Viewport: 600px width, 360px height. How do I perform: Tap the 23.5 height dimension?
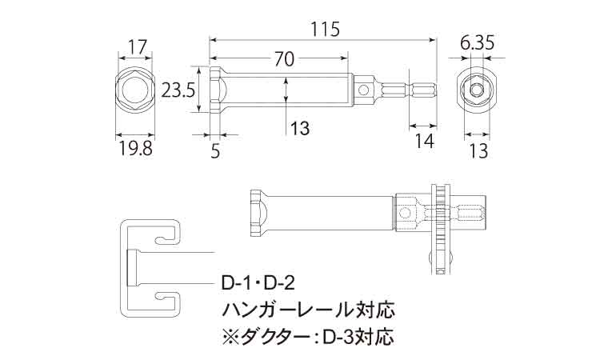click(178, 90)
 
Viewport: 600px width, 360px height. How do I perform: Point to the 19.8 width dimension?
click(135, 148)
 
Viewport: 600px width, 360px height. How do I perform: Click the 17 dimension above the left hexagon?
click(137, 46)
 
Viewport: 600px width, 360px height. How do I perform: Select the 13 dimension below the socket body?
click(299, 127)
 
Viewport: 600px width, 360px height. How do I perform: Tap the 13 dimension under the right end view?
click(478, 149)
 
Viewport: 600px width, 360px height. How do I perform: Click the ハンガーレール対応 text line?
click(307, 308)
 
